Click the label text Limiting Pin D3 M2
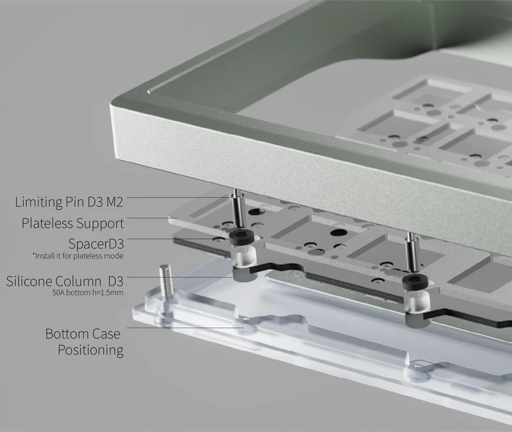[69, 202]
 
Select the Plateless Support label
[72, 223]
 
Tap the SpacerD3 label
[95, 244]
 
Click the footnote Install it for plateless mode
[77, 256]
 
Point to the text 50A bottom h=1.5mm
[87, 292]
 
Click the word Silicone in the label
[29, 280]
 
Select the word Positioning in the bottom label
[90, 350]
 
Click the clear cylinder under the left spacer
[243, 257]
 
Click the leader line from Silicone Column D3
[186, 276]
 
